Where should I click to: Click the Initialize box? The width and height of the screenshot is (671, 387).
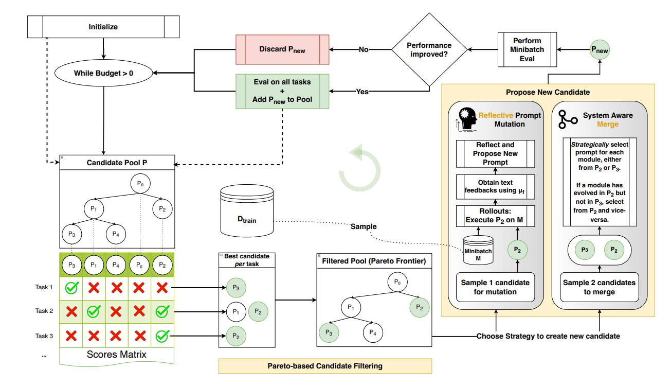(103, 27)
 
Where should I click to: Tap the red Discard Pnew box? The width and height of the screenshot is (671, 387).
(282, 49)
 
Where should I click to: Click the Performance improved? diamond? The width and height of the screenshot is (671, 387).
(429, 49)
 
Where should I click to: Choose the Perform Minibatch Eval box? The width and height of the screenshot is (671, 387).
(527, 49)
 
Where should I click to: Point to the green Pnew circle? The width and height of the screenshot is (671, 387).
(600, 50)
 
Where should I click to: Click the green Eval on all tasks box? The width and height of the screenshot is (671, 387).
(282, 91)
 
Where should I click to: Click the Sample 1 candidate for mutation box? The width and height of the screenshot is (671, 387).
(495, 287)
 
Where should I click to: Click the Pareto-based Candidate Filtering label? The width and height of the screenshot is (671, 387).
(325, 366)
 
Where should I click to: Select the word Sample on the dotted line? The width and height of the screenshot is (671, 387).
(364, 226)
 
